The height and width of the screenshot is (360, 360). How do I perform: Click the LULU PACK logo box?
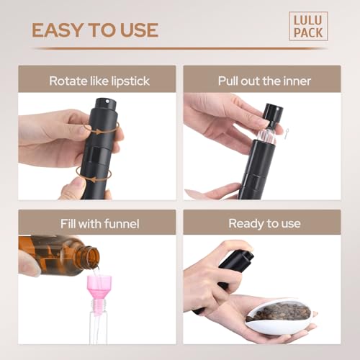308,26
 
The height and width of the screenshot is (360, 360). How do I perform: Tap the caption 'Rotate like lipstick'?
99,80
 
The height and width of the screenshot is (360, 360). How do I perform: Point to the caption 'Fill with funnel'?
99,223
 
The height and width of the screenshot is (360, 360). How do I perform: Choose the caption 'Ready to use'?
264,223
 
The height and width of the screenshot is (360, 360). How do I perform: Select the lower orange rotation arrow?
92,171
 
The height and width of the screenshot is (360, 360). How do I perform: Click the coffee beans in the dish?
284,312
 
